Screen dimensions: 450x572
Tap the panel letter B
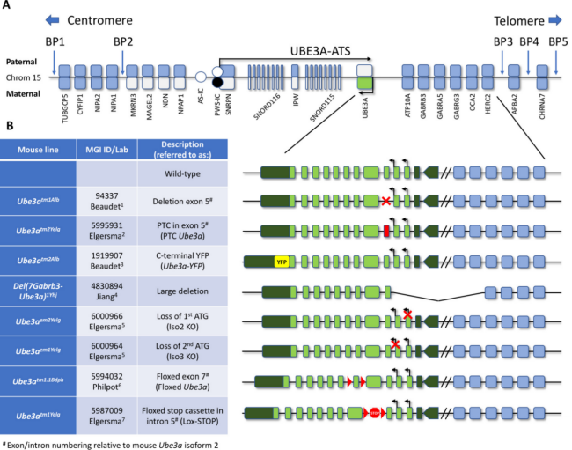(8, 125)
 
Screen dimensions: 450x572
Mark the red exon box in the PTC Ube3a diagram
(387, 232)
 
